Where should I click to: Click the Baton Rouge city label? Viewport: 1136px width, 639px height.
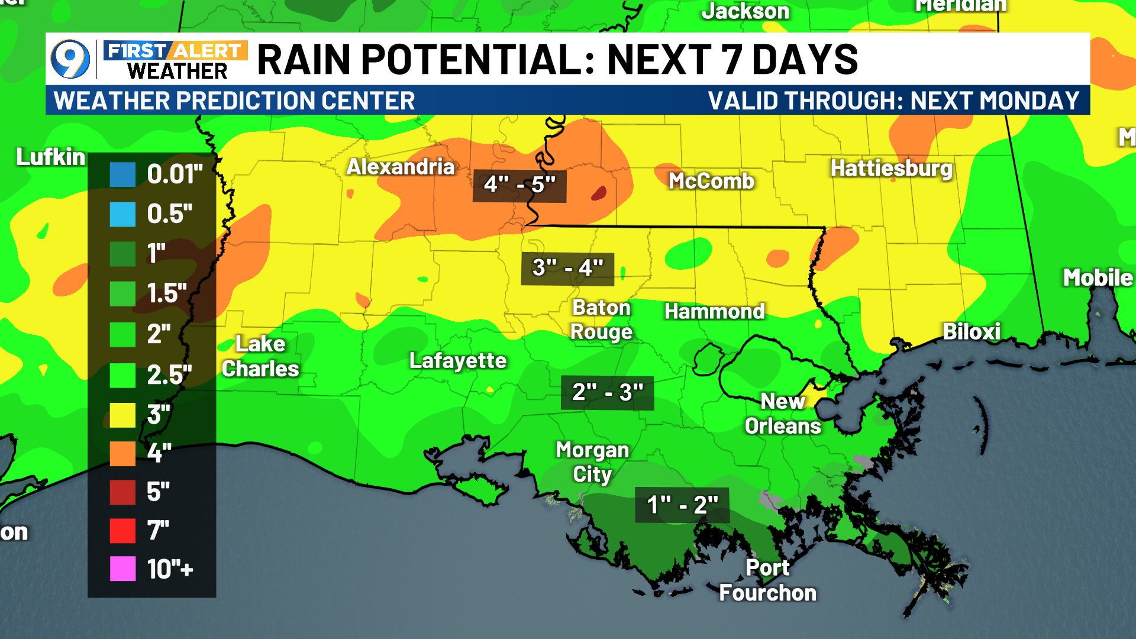pyautogui.click(x=601, y=319)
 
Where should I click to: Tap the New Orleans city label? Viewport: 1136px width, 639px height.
pyautogui.click(x=782, y=414)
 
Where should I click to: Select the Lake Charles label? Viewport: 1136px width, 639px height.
pyautogui.click(x=260, y=356)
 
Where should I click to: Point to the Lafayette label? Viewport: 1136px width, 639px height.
pyautogui.click(x=458, y=361)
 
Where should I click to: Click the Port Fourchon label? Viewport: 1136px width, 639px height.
pyautogui.click(x=767, y=580)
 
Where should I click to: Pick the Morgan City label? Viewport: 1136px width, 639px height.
pyautogui.click(x=592, y=462)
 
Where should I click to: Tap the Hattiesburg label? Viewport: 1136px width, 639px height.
pyautogui.click(x=891, y=169)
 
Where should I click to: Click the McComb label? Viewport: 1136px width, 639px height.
pyautogui.click(x=711, y=181)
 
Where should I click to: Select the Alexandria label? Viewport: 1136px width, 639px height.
pyautogui.click(x=401, y=167)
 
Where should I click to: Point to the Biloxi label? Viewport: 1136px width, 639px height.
pyautogui.click(x=971, y=331)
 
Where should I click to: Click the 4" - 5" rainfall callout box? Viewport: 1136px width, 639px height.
pyautogui.click(x=519, y=185)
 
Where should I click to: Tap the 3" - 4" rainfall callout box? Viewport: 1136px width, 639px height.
pyautogui.click(x=567, y=269)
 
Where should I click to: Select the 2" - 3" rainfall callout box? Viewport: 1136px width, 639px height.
pyautogui.click(x=607, y=392)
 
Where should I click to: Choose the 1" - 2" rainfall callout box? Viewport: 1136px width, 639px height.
pyautogui.click(x=682, y=505)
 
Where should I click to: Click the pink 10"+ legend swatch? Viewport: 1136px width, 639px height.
pyautogui.click(x=122, y=569)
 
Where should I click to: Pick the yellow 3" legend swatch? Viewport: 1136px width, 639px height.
pyautogui.click(x=122, y=415)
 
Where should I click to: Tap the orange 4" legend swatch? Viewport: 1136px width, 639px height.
pyautogui.click(x=122, y=454)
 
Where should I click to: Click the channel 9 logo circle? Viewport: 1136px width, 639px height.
pyautogui.click(x=70, y=60)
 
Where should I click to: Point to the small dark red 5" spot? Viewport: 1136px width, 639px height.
pyautogui.click(x=599, y=193)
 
